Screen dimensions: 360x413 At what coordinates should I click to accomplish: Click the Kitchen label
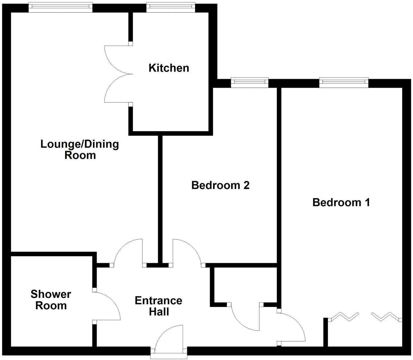[169, 68]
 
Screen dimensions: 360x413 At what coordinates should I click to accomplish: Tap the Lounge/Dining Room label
[79, 149]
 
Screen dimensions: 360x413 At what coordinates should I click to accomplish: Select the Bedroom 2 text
[220, 185]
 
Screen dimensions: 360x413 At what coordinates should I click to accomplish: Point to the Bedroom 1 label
[341, 202]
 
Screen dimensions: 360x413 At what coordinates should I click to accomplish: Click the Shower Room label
[51, 300]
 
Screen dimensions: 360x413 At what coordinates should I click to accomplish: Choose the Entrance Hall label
[159, 306]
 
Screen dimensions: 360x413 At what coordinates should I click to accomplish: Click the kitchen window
[170, 7]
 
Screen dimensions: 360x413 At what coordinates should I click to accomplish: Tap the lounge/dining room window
[61, 7]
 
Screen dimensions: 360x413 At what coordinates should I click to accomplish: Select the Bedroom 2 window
[250, 83]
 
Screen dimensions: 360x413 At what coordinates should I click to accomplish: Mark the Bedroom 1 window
[344, 83]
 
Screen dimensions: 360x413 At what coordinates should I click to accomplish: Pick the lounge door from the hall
[128, 251]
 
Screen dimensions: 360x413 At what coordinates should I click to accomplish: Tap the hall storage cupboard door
[245, 318]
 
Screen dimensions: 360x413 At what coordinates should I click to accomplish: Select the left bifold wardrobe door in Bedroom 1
[344, 316]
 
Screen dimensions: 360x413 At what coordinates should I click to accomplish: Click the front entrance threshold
[169, 357]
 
